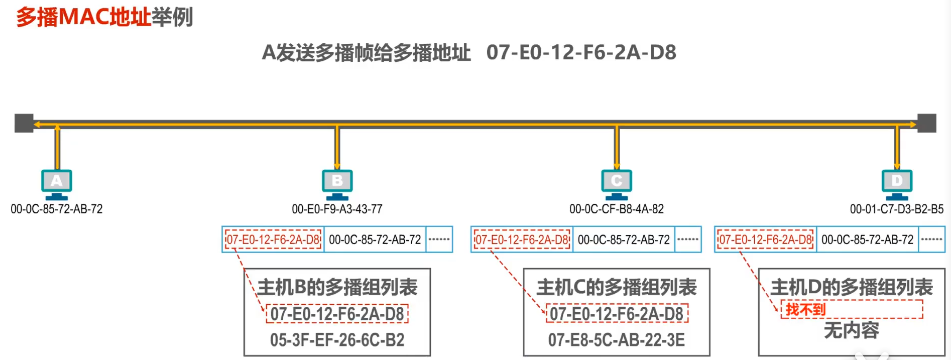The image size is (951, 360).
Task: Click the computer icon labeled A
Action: coord(57,182)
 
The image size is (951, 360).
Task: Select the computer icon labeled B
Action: coord(337,182)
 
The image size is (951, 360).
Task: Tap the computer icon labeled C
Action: coord(616,182)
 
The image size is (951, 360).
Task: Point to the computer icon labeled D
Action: coord(896,182)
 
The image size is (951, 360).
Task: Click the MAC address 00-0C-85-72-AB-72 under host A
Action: coord(56,209)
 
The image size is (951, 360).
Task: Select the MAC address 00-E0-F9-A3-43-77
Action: coord(337,209)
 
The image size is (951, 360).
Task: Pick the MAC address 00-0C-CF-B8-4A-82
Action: coord(616,209)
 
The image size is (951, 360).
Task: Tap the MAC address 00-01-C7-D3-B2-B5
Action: coord(896,209)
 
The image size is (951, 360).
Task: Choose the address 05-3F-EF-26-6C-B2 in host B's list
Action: coord(337,340)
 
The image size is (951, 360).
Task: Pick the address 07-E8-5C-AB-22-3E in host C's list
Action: coord(617,340)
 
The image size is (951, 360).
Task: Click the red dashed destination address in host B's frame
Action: coord(273,240)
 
